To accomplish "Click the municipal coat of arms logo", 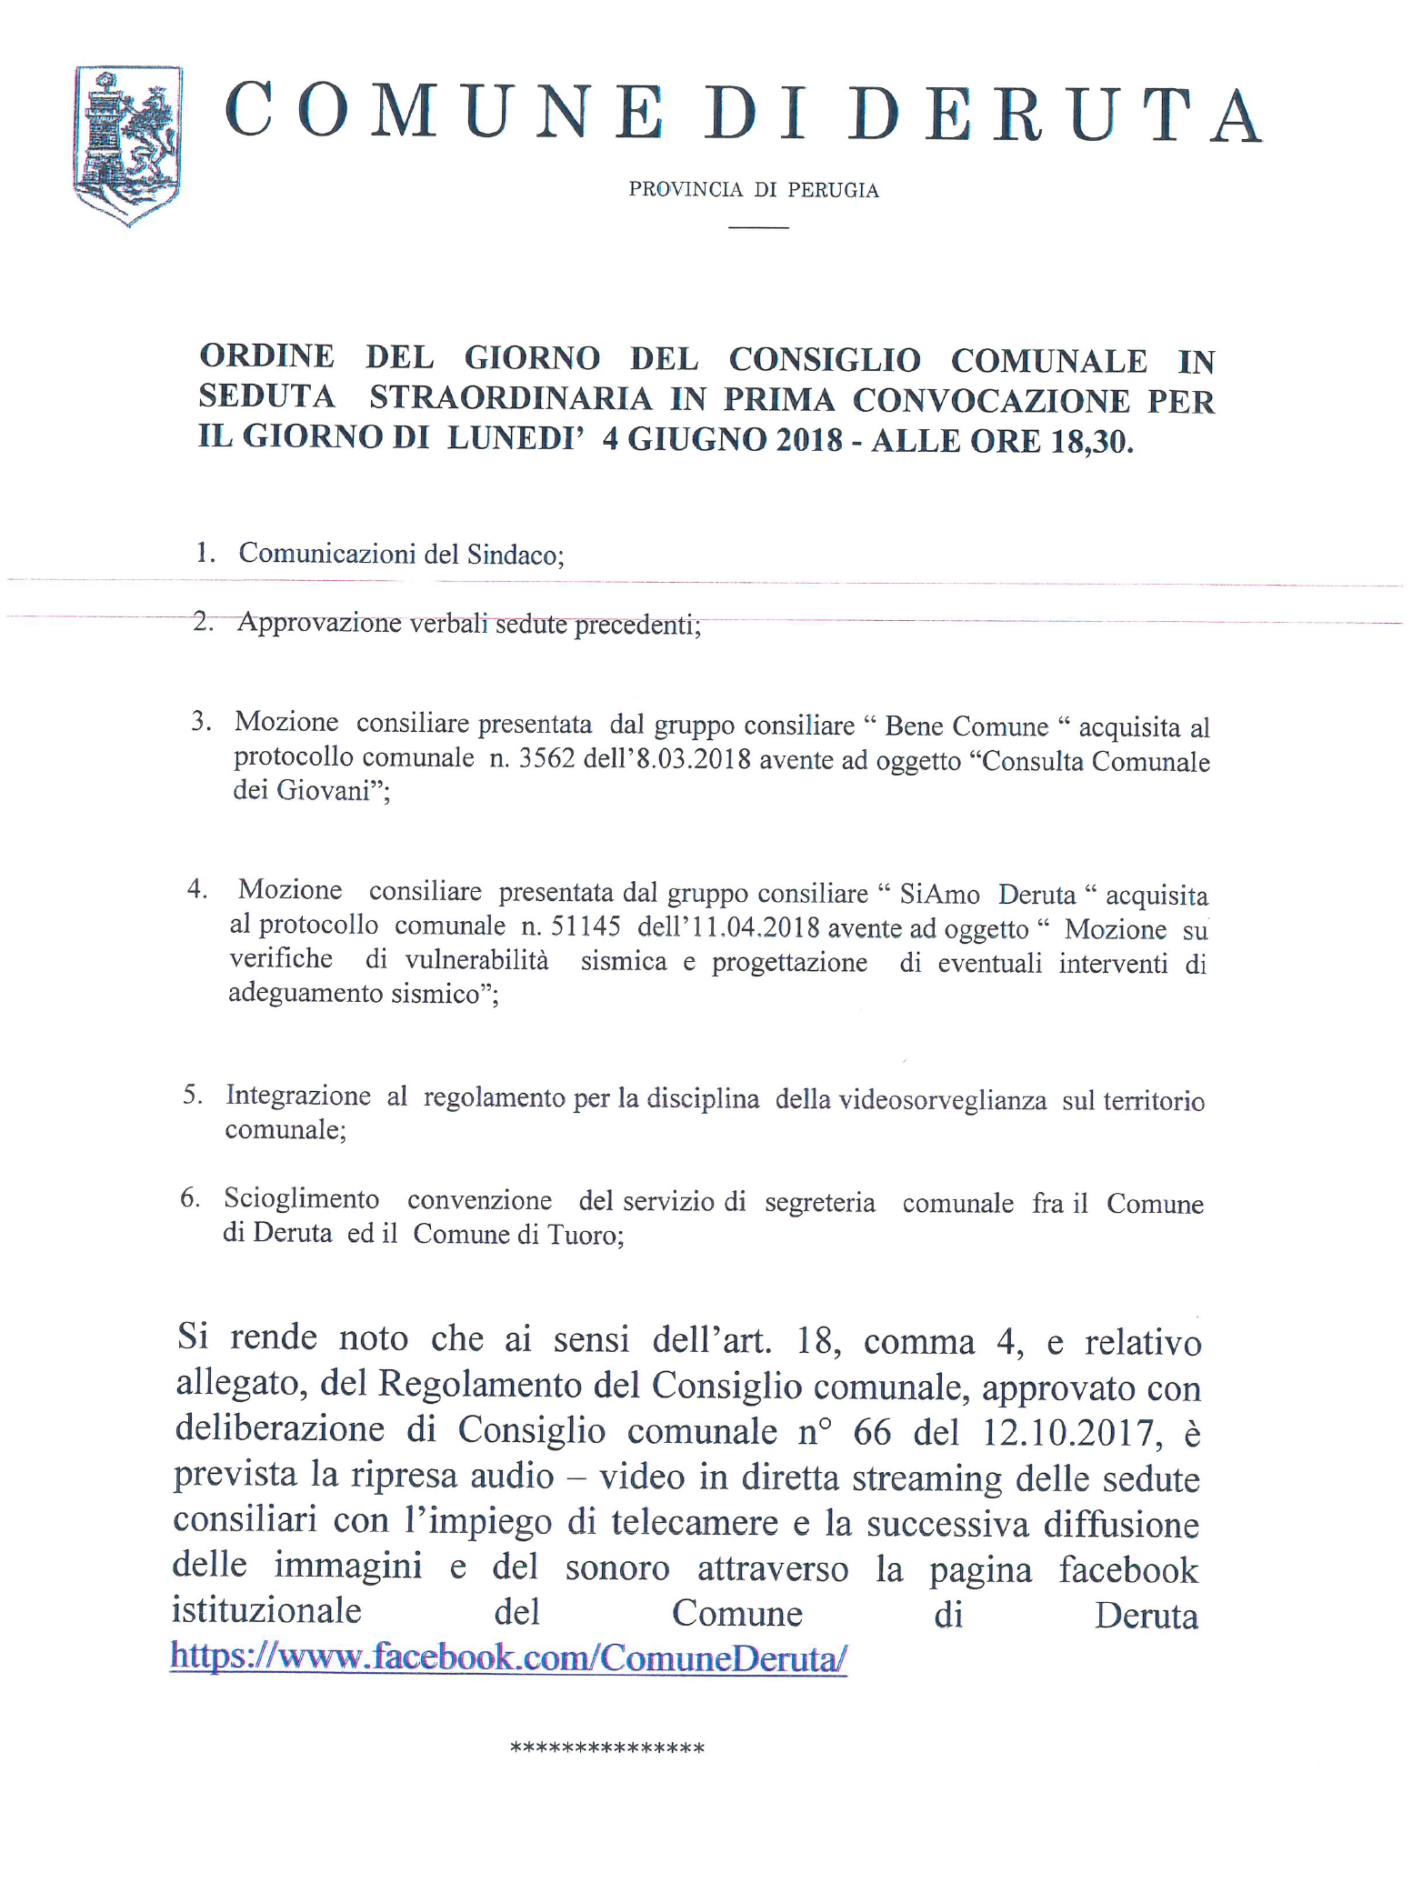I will click(127, 145).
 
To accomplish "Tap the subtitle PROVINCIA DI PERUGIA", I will click(754, 190).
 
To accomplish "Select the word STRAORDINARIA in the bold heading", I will click(511, 398).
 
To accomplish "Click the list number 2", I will click(202, 622).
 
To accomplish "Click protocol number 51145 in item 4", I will click(585, 926).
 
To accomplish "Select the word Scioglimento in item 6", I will click(301, 1199).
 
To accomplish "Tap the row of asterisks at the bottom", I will click(607, 1748).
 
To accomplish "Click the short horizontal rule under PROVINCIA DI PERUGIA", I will click(758, 226).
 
